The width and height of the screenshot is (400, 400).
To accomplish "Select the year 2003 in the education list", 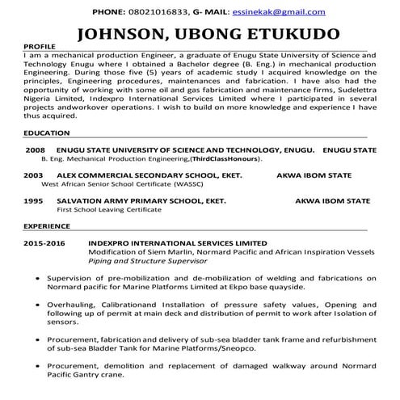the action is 35,174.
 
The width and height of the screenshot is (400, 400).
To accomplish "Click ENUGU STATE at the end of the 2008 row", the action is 349,150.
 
